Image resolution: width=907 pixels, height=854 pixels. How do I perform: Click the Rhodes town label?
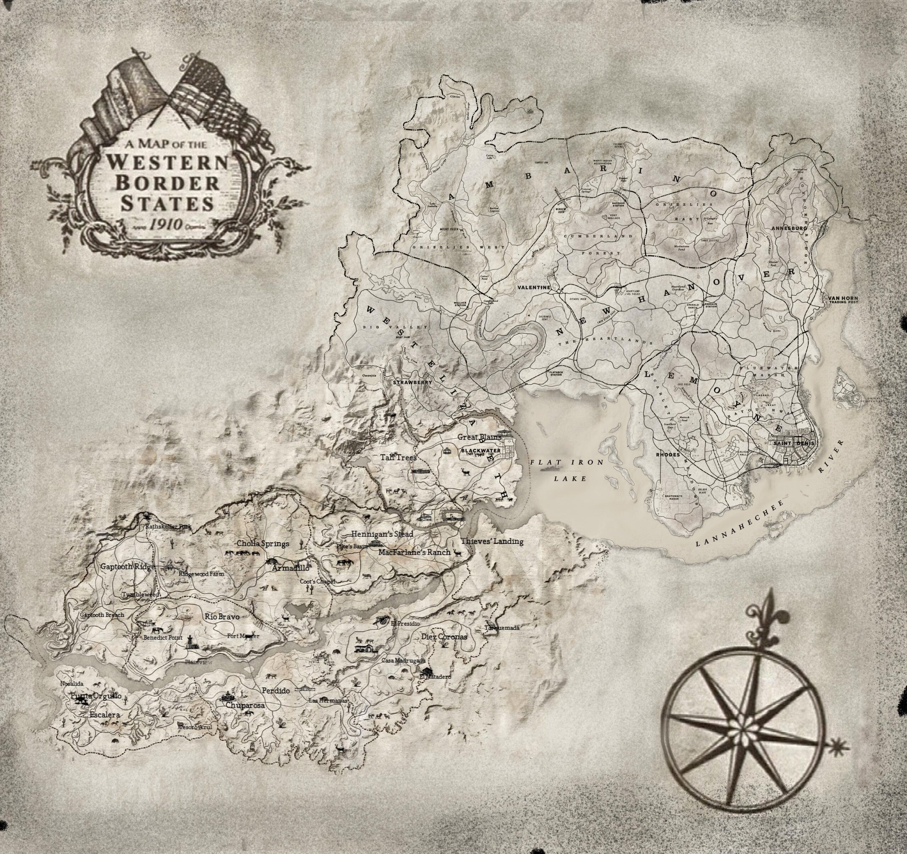pyautogui.click(x=667, y=455)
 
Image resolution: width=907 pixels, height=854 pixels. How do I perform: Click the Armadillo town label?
pyautogui.click(x=291, y=569)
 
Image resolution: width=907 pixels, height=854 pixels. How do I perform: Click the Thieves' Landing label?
pyautogui.click(x=491, y=542)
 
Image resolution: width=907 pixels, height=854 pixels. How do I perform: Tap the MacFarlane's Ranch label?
pyautogui.click(x=414, y=552)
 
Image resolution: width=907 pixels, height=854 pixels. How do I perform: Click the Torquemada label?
pyautogui.click(x=502, y=628)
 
